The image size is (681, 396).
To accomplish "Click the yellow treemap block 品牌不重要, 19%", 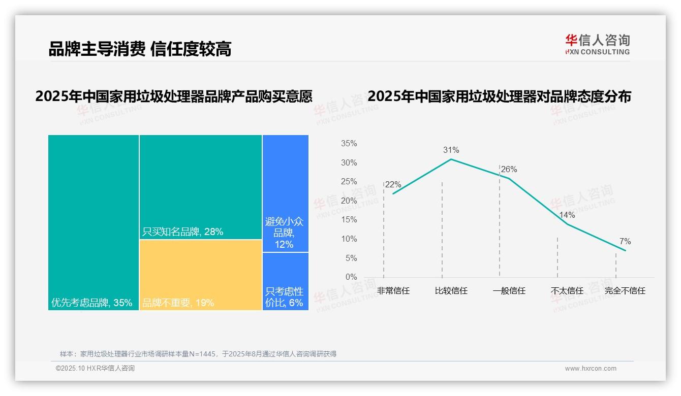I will click(x=200, y=275).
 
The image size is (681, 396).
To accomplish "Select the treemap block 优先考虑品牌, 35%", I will click(x=94, y=222).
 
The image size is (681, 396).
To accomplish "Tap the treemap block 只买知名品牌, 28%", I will click(x=200, y=187).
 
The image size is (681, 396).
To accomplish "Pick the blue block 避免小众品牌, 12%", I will click(x=285, y=193).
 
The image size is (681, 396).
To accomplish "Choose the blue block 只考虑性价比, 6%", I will click(x=285, y=281).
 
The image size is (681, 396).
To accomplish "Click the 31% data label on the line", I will click(x=451, y=150).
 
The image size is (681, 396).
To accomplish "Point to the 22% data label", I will click(x=393, y=185).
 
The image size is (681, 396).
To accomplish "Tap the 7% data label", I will click(x=625, y=241).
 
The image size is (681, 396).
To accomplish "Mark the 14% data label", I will click(x=567, y=215).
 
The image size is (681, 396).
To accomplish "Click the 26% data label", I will click(x=509, y=170).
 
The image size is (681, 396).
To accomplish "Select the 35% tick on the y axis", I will click(x=349, y=144).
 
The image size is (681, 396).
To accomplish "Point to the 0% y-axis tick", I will click(x=351, y=277).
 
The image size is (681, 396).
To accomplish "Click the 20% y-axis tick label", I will click(x=349, y=201).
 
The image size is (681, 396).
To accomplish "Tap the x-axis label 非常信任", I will click(x=393, y=291).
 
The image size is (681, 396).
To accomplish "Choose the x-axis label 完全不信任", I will click(x=625, y=291).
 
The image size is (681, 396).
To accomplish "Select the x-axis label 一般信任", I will click(x=509, y=291).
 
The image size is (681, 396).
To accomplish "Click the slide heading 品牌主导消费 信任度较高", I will click(x=140, y=49).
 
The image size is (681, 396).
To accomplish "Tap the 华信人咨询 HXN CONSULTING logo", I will click(x=597, y=44).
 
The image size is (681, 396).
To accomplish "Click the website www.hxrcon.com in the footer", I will click(x=590, y=369).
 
